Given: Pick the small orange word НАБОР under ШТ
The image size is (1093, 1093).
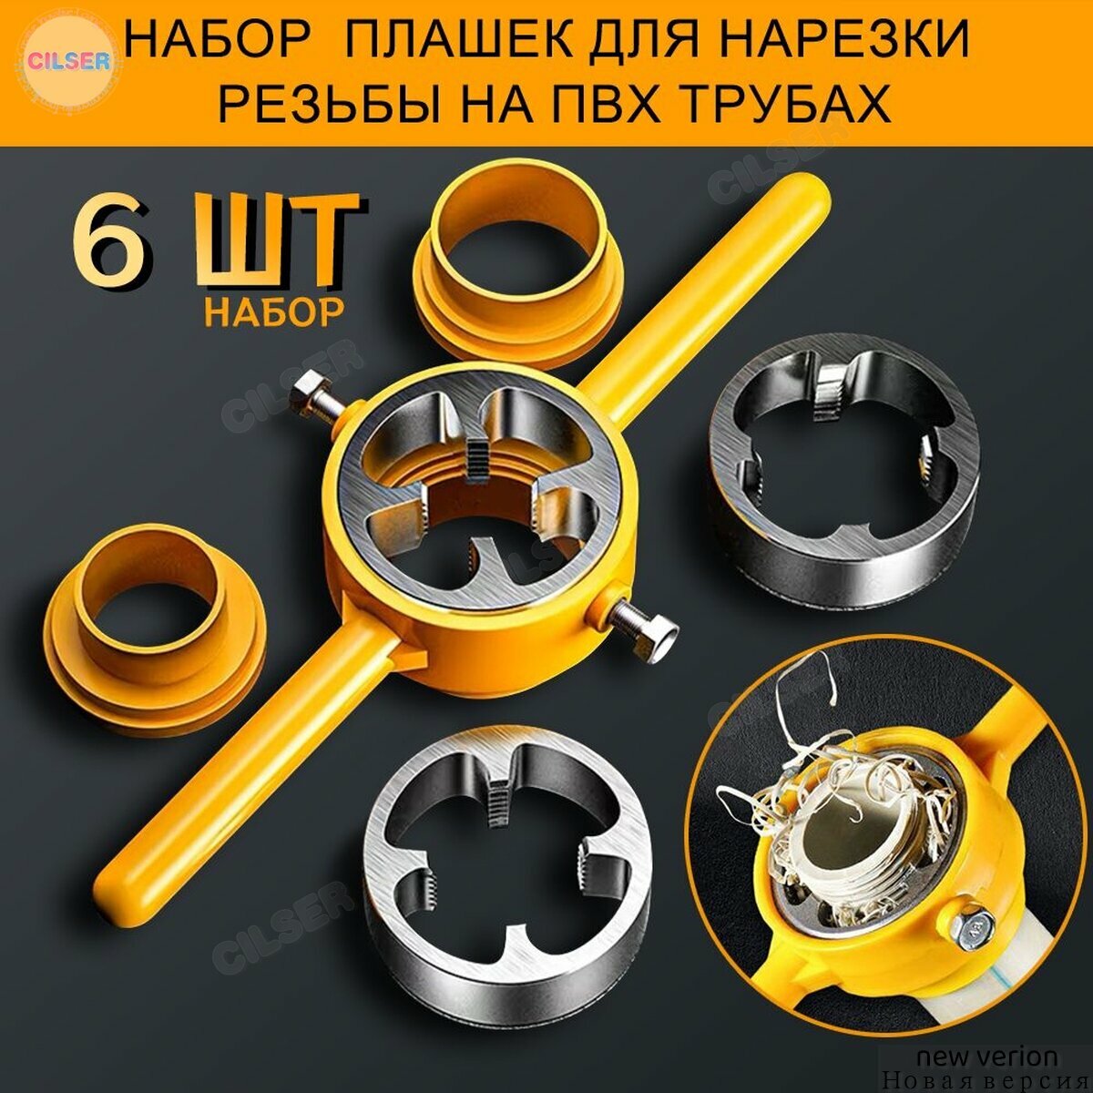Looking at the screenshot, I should point(274,311).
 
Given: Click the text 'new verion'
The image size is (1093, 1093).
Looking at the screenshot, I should point(987,1057).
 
